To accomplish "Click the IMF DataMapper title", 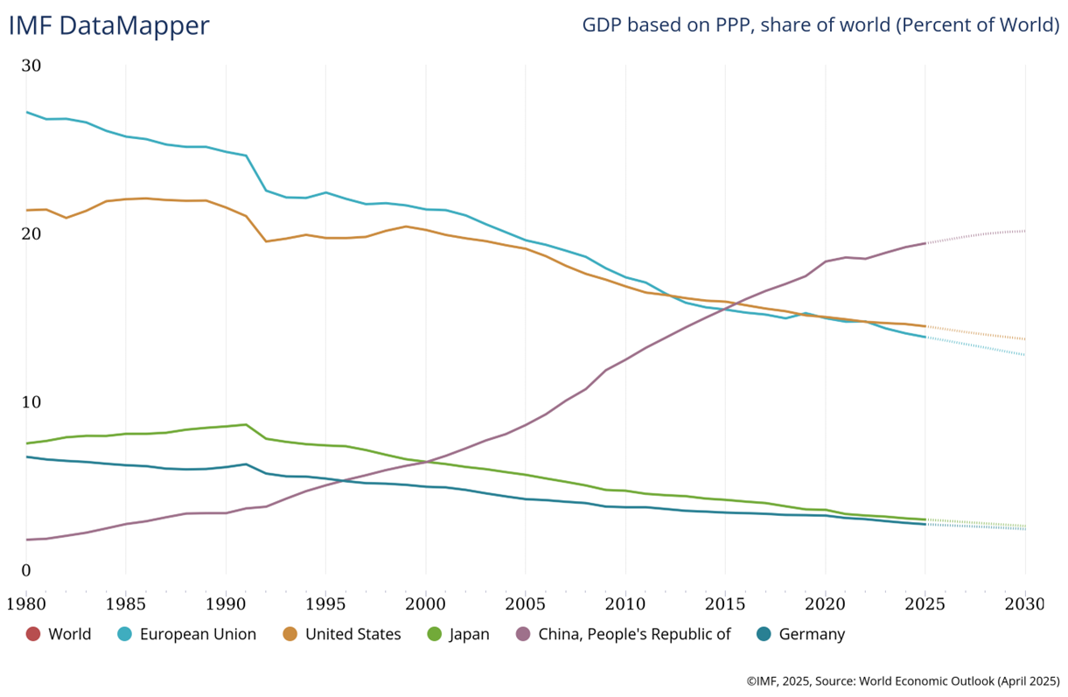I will point(109,25).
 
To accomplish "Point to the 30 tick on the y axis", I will point(31,66).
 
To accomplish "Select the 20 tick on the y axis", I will point(31,234).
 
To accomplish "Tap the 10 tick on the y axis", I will point(31,402).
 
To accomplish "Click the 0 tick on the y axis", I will point(26,571).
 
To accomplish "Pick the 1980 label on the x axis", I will point(25,603).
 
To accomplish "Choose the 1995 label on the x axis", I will point(325,603).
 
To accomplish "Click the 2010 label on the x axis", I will point(625,603).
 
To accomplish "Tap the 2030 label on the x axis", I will point(1024,603).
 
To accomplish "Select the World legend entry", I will point(69,634).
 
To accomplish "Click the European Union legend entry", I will point(199,634).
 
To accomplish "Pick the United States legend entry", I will point(353,634).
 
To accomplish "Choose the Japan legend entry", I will point(470,634).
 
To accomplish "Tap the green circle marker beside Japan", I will point(434,634).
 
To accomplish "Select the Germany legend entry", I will point(812,634).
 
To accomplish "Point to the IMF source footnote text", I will point(903,680).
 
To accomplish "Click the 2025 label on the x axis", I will point(925,603).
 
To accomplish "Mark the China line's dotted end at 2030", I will point(1024,231).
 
